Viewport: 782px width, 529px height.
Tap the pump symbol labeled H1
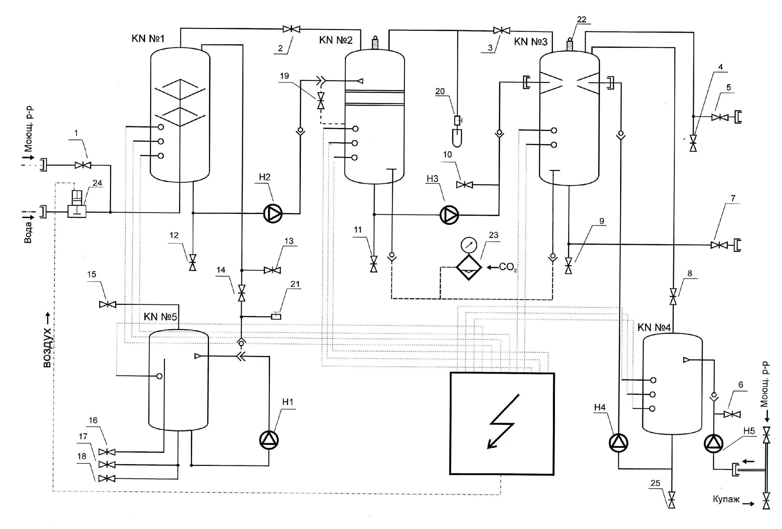[269, 440]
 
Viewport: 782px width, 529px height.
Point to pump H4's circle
[619, 442]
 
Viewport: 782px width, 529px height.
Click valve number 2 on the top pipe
[291, 29]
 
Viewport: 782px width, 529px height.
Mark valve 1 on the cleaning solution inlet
[83, 165]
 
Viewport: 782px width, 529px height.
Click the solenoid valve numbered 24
[77, 204]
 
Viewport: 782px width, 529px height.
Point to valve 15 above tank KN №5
[108, 305]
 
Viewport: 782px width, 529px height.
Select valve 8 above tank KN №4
[673, 296]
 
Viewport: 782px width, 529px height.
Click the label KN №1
[148, 39]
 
